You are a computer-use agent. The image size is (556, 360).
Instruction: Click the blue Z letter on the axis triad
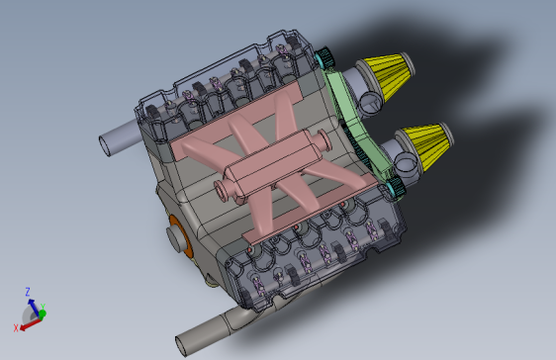28,292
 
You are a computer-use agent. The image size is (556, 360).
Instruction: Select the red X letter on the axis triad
16,327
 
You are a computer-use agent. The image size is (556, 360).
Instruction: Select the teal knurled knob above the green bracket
326,54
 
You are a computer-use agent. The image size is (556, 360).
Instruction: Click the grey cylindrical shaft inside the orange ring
179,238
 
